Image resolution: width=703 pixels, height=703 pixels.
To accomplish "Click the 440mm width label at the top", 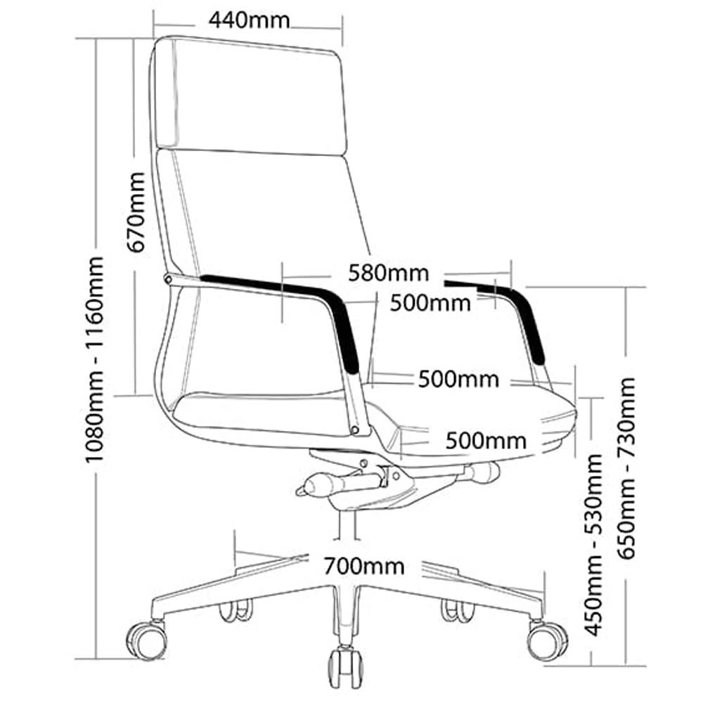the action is pyautogui.click(x=250, y=20).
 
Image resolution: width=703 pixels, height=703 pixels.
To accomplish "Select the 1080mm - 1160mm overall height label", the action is pyautogui.click(x=95, y=359).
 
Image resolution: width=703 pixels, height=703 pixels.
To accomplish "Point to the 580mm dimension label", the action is pyautogui.click(x=389, y=273).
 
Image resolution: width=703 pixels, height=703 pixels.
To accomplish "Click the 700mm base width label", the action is pyautogui.click(x=364, y=566).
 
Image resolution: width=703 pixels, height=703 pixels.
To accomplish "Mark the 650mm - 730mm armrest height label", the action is pyautogui.click(x=626, y=468).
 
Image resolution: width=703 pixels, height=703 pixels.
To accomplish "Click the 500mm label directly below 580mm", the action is pyautogui.click(x=430, y=303).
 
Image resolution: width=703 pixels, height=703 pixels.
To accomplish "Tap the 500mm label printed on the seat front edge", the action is pyautogui.click(x=486, y=441).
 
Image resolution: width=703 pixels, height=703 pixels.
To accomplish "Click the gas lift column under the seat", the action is pyautogui.click(x=346, y=524).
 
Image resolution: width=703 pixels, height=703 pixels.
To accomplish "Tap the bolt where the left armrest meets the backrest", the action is pyautogui.click(x=168, y=279).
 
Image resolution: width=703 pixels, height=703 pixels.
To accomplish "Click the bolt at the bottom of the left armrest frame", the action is pyautogui.click(x=356, y=430).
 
